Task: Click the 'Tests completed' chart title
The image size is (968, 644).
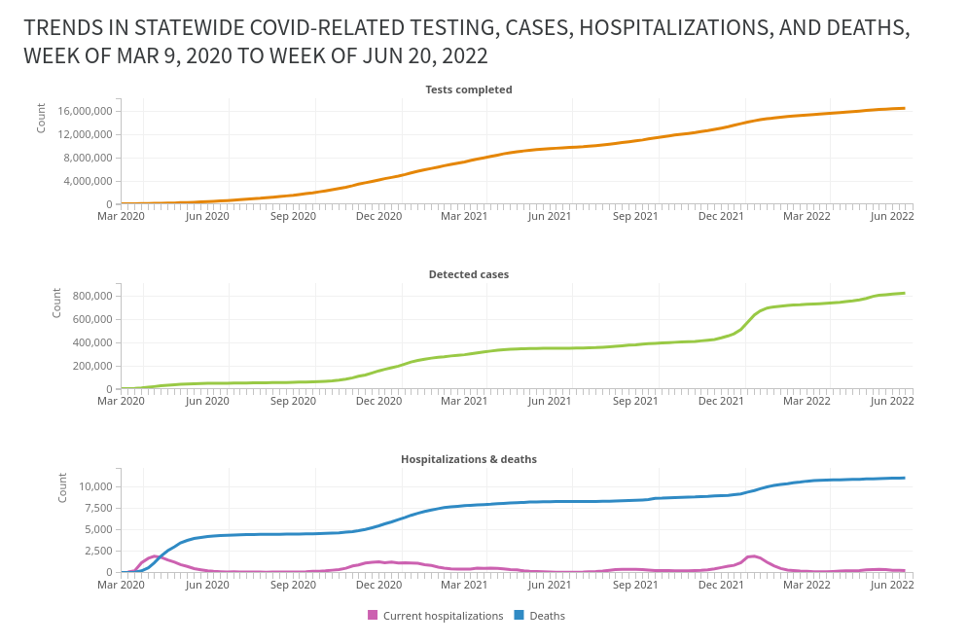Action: (x=469, y=89)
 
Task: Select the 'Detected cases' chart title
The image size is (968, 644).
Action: (x=469, y=274)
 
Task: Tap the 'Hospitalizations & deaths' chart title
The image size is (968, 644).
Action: (x=469, y=459)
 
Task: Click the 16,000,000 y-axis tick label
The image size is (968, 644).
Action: (x=86, y=111)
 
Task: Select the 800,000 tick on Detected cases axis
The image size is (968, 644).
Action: (x=92, y=296)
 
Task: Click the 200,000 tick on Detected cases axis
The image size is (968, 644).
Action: (x=92, y=366)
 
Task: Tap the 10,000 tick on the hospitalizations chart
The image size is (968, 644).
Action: (x=95, y=486)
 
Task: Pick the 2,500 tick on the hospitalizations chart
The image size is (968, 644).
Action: (x=98, y=551)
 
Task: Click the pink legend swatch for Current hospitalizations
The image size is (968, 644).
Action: (x=373, y=615)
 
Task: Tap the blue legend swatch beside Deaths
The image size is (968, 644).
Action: (x=520, y=615)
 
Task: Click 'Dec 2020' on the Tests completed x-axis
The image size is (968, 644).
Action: (x=378, y=216)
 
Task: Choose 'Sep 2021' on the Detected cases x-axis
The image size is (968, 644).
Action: (x=634, y=401)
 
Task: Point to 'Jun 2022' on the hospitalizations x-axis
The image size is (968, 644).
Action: (x=891, y=585)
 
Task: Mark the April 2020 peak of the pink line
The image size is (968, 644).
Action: (x=155, y=556)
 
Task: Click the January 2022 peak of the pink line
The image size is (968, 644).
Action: (x=753, y=556)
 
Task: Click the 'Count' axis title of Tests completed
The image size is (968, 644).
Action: (x=41, y=118)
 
